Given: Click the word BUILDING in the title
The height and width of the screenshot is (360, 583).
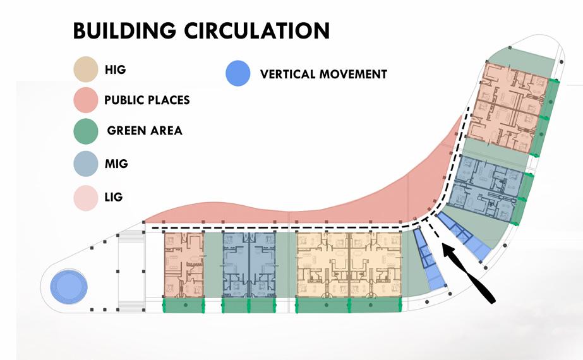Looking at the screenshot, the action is tap(124, 30).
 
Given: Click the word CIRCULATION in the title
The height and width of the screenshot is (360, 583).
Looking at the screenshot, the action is tap(257, 30).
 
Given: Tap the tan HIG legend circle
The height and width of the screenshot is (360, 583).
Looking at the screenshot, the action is tap(86, 69).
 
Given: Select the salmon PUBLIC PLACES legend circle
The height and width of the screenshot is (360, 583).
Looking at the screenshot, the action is tap(86, 100).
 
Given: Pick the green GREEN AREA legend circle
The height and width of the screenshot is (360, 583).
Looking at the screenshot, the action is tap(86, 131).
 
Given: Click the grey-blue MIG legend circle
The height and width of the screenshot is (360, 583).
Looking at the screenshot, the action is tap(86, 164).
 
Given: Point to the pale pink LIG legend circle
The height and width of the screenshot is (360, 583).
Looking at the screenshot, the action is tap(86, 198).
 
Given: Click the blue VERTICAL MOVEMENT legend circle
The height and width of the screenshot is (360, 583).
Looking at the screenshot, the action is tap(238, 73).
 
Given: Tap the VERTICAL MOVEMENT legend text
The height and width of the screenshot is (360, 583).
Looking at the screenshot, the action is tap(323, 75).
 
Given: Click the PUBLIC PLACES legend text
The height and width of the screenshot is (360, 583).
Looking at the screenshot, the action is tap(147, 100).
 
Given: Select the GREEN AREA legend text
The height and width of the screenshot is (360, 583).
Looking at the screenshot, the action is tap(145, 131).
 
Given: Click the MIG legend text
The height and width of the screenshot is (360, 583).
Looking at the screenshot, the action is tap(116, 164).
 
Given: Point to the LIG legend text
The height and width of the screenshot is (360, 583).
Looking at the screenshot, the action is tap(114, 196).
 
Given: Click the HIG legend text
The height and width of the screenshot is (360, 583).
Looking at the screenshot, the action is tap(115, 69).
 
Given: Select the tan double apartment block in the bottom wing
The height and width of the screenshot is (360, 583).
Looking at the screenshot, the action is tap(349, 265).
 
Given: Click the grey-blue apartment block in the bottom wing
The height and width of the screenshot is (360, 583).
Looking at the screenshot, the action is tap(249, 265).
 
